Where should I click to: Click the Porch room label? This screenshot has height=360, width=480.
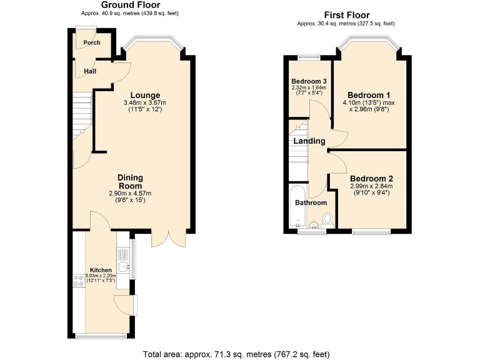click(x=92, y=43)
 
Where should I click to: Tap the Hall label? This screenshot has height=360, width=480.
click(x=90, y=71)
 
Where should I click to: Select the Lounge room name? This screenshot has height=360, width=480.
click(x=145, y=95)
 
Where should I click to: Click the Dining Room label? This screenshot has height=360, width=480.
click(x=130, y=182)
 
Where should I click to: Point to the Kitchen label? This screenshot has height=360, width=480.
click(x=101, y=271)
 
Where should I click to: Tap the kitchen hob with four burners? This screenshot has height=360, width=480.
click(x=79, y=281)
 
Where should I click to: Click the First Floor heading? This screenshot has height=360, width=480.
click(x=346, y=15)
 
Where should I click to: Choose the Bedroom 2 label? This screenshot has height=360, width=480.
click(x=371, y=178)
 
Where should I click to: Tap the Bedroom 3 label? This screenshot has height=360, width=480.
click(x=309, y=81)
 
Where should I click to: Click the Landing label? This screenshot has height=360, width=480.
click(x=310, y=141)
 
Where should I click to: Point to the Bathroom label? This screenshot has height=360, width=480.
click(x=311, y=202)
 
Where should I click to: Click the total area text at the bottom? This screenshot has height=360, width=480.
click(x=236, y=353)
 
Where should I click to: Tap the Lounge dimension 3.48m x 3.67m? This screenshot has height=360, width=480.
click(x=145, y=103)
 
